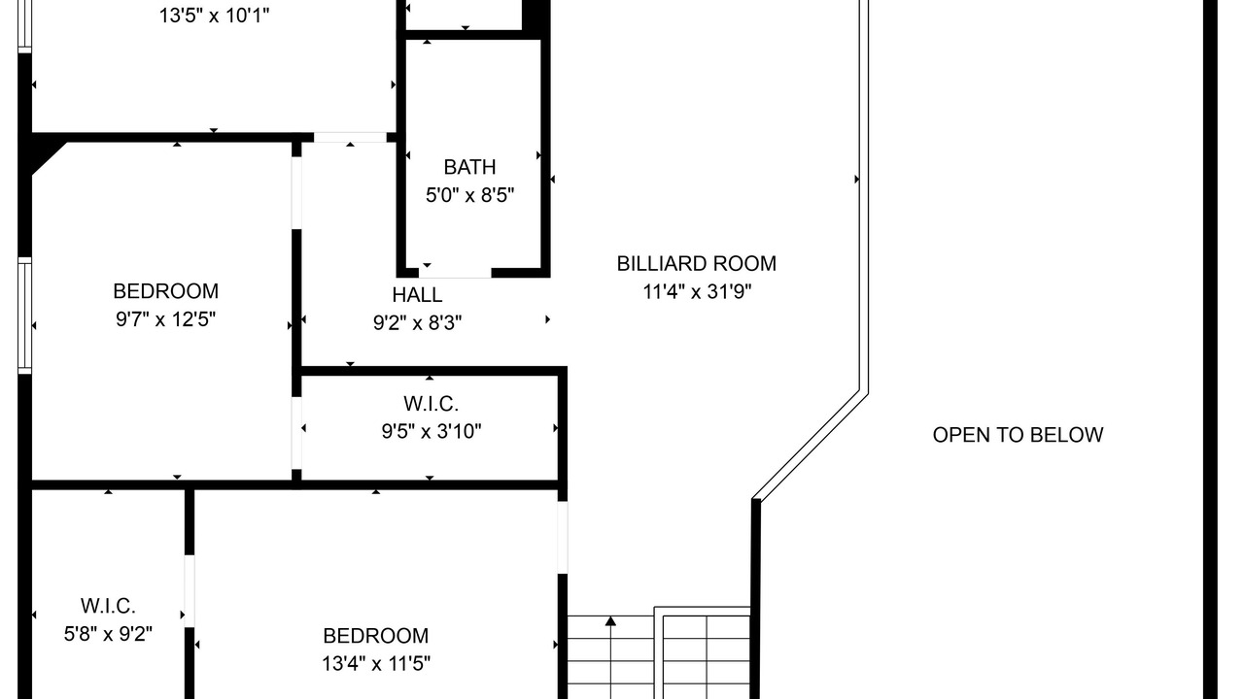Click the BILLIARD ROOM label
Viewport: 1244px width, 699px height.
click(x=697, y=263)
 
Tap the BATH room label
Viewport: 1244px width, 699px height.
click(x=469, y=167)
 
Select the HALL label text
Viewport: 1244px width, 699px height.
click(x=417, y=295)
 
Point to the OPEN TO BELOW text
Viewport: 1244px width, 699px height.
click(x=1018, y=435)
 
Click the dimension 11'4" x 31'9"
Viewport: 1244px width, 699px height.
click(x=697, y=291)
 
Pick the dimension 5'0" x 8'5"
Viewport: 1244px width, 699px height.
click(x=469, y=195)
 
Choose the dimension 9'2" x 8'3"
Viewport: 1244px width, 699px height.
click(x=417, y=322)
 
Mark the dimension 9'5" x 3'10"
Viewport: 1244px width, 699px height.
click(x=431, y=431)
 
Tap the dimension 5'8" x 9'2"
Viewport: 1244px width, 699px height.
click(x=108, y=634)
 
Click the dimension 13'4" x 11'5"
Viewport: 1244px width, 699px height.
click(x=376, y=663)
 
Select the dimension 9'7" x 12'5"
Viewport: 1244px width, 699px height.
click(x=165, y=319)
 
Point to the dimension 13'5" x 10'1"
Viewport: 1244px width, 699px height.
click(x=215, y=16)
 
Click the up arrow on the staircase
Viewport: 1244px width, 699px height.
click(x=611, y=657)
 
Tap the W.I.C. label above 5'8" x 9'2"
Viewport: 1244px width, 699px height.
click(x=108, y=606)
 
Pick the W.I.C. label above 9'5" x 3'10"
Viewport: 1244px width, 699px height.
click(x=431, y=404)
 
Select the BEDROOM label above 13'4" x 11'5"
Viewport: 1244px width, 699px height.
click(x=376, y=636)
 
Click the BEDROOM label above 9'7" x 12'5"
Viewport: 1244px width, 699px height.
click(x=165, y=291)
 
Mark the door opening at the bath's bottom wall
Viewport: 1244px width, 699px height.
click(x=455, y=273)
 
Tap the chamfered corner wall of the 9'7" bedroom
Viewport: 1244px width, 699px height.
click(x=50, y=158)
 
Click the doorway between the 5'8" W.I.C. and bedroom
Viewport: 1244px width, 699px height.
click(x=190, y=591)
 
